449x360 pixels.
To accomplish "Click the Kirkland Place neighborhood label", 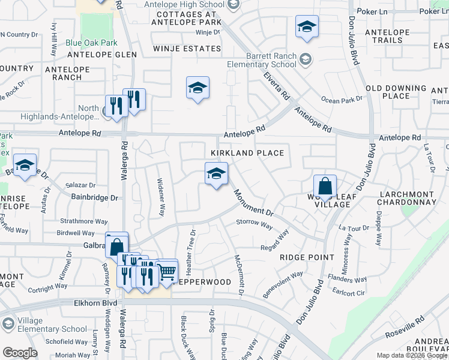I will (x=247, y=153).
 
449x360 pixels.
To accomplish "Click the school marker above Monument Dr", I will (x=216, y=174).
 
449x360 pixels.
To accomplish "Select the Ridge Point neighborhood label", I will (x=307, y=257).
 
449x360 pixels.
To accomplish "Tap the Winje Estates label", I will (x=187, y=48).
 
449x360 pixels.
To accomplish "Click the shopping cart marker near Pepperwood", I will (x=166, y=271).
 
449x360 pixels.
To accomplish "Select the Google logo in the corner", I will (x=19, y=353).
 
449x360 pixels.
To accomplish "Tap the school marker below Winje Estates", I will (x=197, y=88).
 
